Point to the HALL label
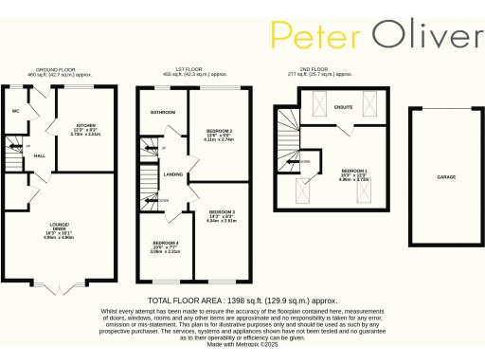tap(40, 155)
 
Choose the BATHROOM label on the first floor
tap(162, 112)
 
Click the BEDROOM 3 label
tap(222, 211)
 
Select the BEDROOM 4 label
tap(165, 244)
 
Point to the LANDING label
tap(172, 174)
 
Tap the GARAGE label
tap(445, 176)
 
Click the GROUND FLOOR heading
tap(55, 68)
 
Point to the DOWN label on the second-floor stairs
tap(305, 160)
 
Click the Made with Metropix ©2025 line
tap(242, 344)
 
